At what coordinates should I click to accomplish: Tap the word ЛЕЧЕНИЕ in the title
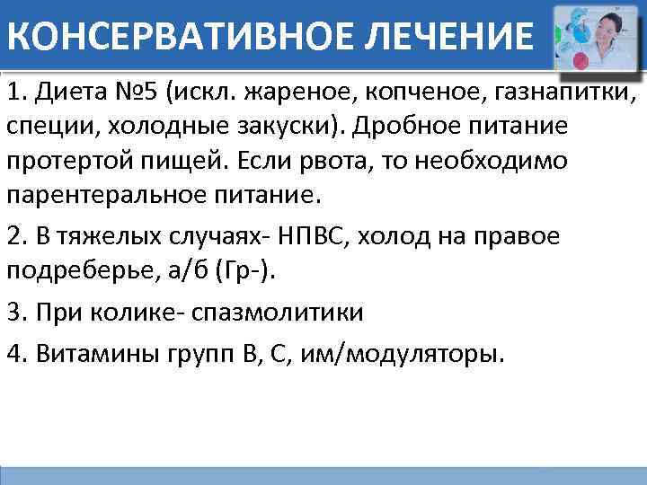pyautogui.click(x=455, y=37)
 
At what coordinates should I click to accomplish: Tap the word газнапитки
pyautogui.click(x=566, y=93)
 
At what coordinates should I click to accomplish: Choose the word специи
pyautogui.click(x=49, y=126)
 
